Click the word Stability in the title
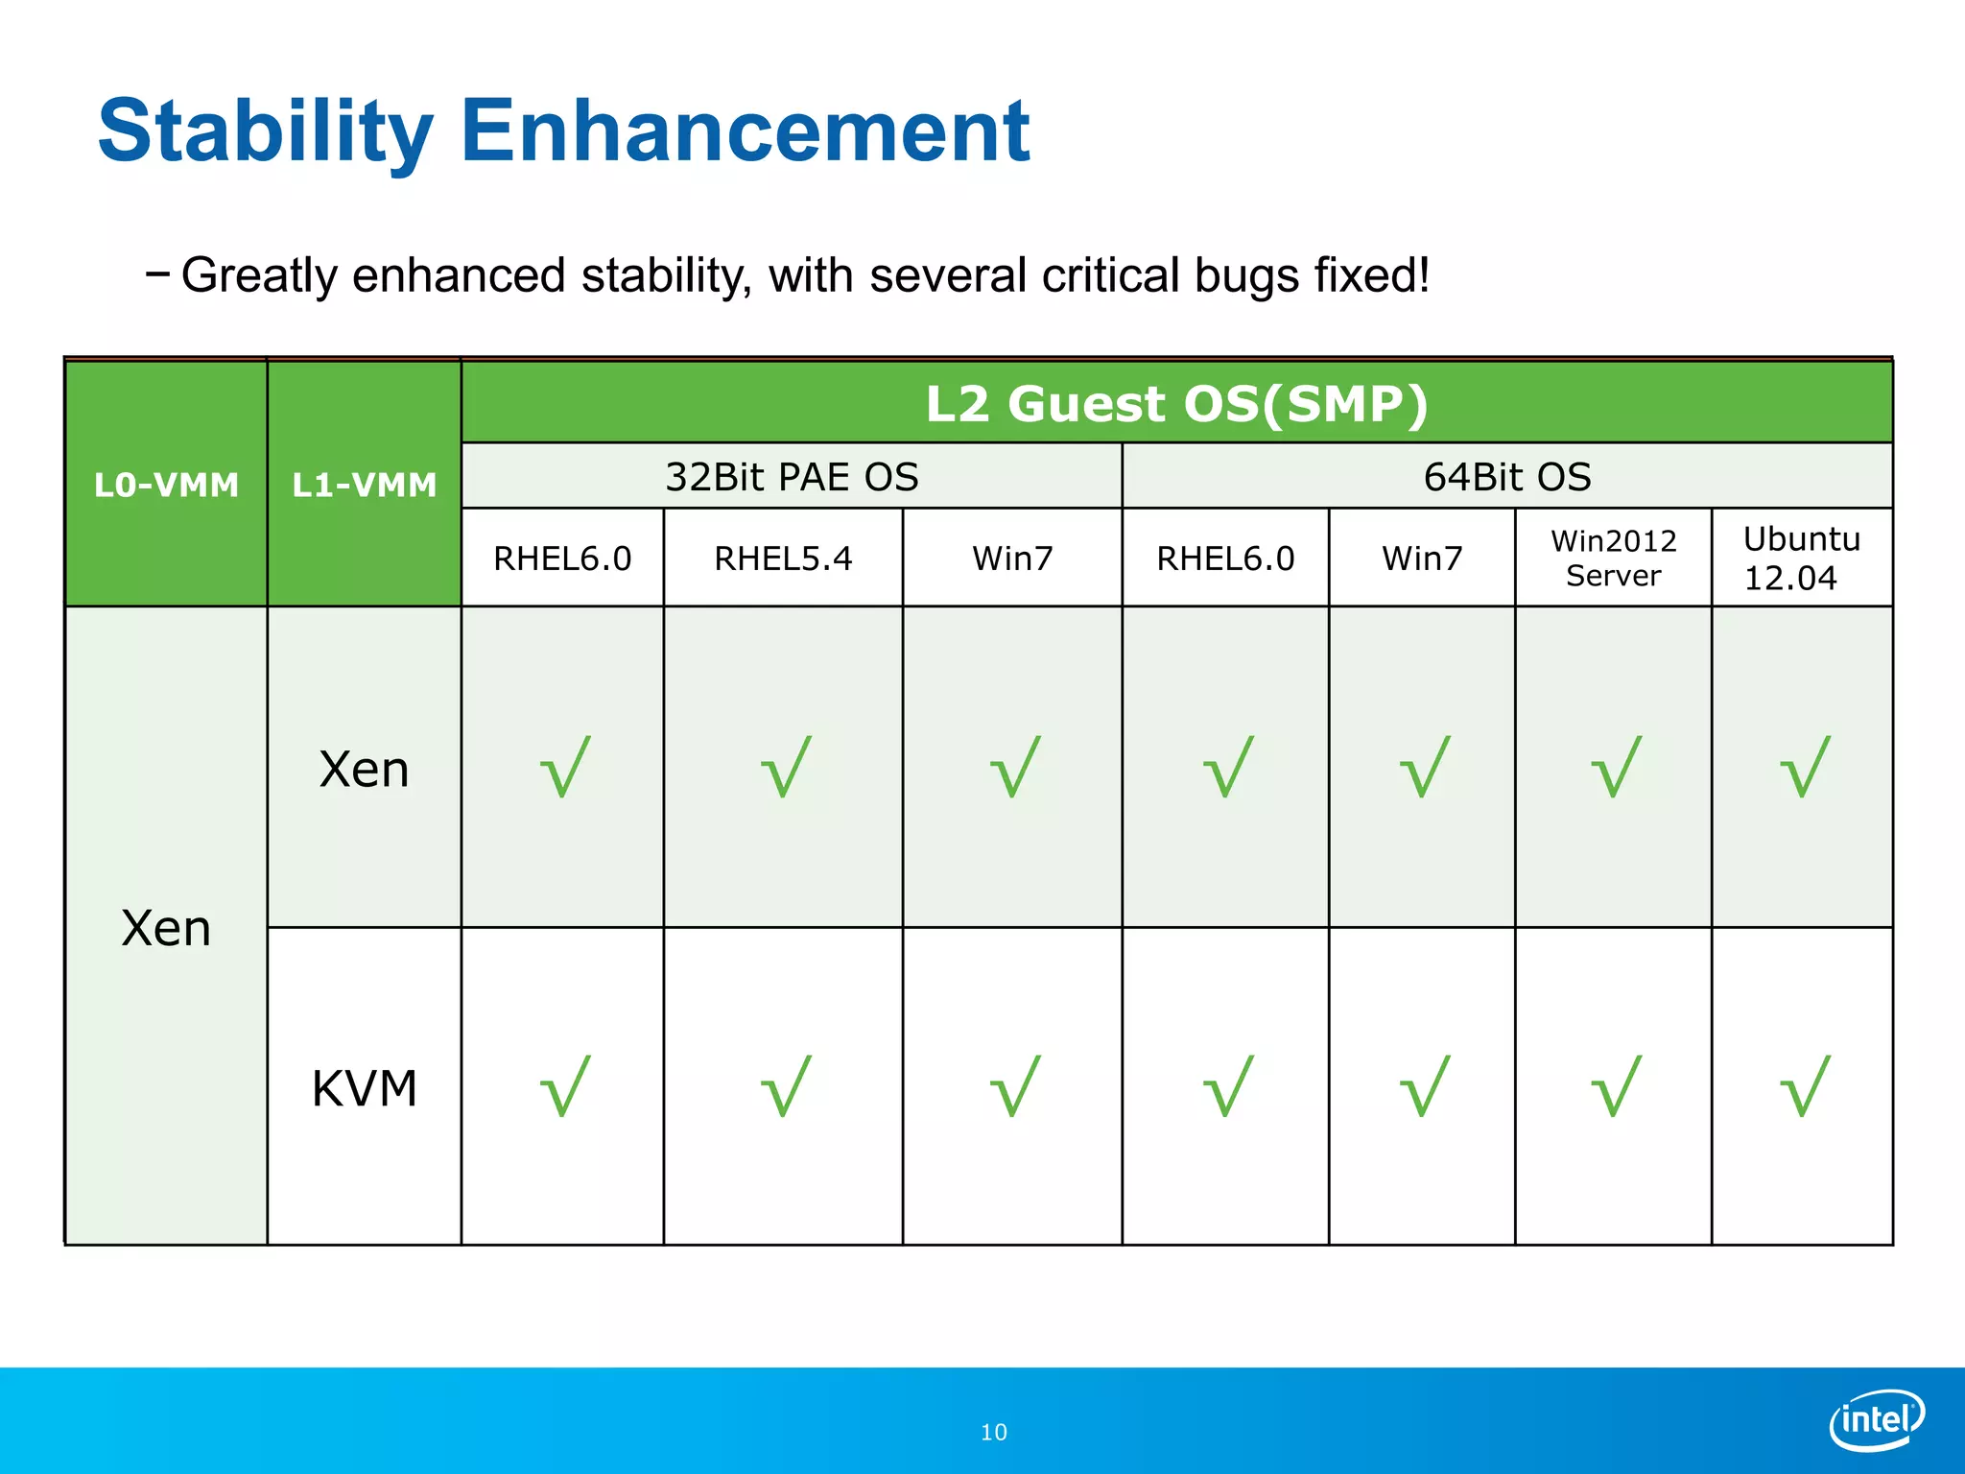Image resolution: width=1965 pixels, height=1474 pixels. tap(265, 132)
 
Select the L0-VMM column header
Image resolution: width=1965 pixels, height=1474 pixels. tap(166, 485)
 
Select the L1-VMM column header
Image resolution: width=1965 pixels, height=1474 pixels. tap(364, 485)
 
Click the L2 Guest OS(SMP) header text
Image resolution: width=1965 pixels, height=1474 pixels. tap(1176, 404)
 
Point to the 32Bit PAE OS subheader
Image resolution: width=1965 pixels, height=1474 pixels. tap(792, 477)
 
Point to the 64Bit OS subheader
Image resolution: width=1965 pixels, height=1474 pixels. tap(1506, 477)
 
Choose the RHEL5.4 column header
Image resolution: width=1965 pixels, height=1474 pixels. tap(783, 559)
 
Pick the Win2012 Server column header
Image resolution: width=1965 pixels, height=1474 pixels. tap(1613, 558)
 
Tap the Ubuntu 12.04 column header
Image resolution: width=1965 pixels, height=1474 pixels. tap(1801, 558)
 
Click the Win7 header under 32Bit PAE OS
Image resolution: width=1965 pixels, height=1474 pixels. tap(1012, 559)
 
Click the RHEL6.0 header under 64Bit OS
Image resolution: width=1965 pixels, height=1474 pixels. tap(1225, 559)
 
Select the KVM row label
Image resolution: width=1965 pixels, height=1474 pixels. tap(364, 1089)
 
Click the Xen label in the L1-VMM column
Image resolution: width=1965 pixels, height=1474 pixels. tap(364, 770)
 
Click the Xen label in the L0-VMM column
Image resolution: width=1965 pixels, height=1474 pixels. tap(166, 929)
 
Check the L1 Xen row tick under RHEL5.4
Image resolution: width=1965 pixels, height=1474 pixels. tap(786, 767)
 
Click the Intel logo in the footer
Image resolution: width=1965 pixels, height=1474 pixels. tap(1876, 1418)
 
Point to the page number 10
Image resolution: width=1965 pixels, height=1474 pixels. tap(993, 1433)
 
